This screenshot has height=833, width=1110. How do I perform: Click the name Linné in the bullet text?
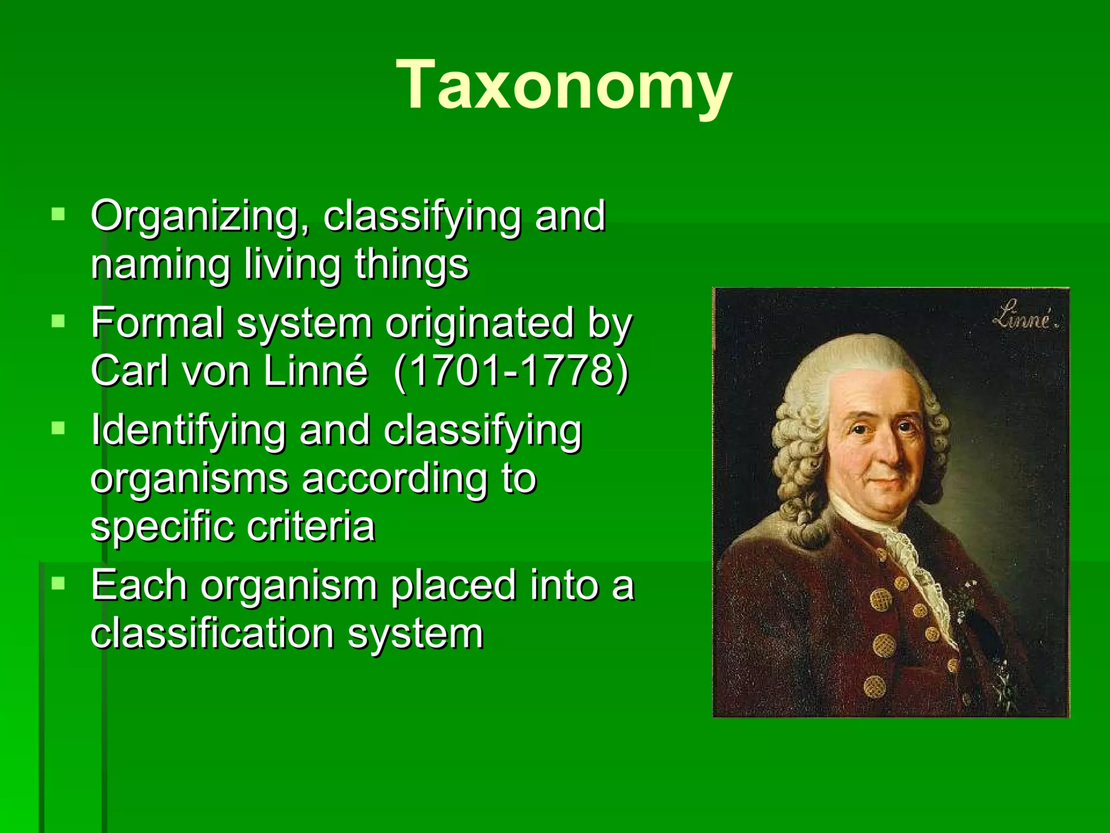point(315,372)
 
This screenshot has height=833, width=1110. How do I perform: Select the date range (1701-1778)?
point(511,372)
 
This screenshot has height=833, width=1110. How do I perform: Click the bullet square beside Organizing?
point(58,215)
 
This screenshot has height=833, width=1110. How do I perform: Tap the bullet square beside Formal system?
point(58,322)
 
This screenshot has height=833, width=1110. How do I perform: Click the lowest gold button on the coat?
point(874,688)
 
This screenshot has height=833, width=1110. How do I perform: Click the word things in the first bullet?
point(411,266)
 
